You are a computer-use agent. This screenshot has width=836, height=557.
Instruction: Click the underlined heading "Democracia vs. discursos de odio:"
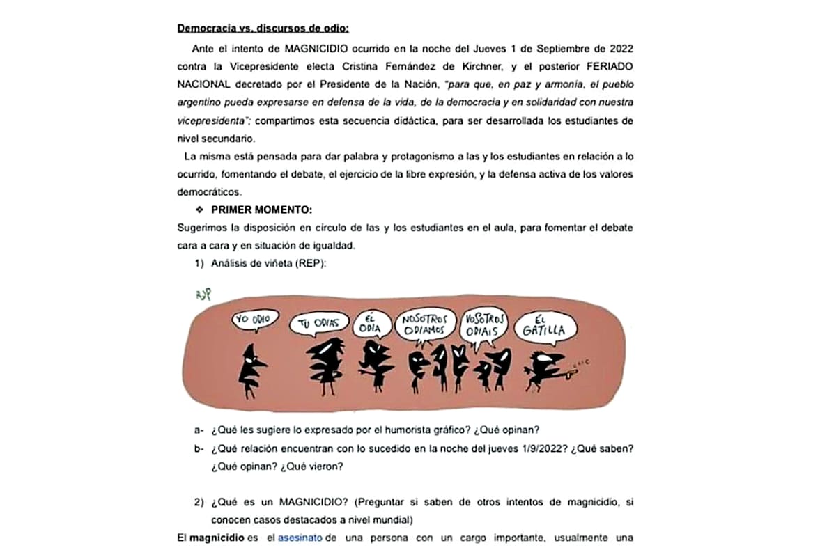263,29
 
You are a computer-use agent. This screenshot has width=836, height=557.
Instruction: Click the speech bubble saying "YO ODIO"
253,320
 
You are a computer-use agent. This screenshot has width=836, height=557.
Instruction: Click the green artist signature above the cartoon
203,295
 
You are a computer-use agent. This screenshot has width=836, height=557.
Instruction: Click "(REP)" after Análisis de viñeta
311,264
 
